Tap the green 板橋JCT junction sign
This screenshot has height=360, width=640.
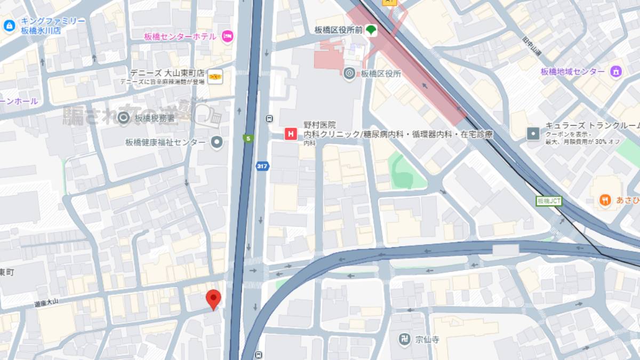tap(549, 201)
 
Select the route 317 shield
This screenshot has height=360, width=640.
tap(261, 165)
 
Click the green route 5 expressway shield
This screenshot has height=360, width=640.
tap(247, 138)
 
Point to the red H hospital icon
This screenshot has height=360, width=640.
tap(291, 134)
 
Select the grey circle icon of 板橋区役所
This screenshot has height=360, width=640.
tap(349, 74)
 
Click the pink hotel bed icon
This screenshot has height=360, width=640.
tap(228, 36)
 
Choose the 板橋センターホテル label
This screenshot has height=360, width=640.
tap(180, 36)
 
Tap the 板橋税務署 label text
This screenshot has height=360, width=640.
tap(155, 118)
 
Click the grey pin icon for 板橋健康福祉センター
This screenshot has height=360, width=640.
tap(217, 142)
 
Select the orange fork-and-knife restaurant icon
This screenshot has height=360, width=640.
tap(605, 200)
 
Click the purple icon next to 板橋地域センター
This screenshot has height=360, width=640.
tap(617, 71)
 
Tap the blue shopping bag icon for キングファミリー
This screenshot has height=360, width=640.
tap(9, 25)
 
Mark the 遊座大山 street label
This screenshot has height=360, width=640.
tap(46, 302)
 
